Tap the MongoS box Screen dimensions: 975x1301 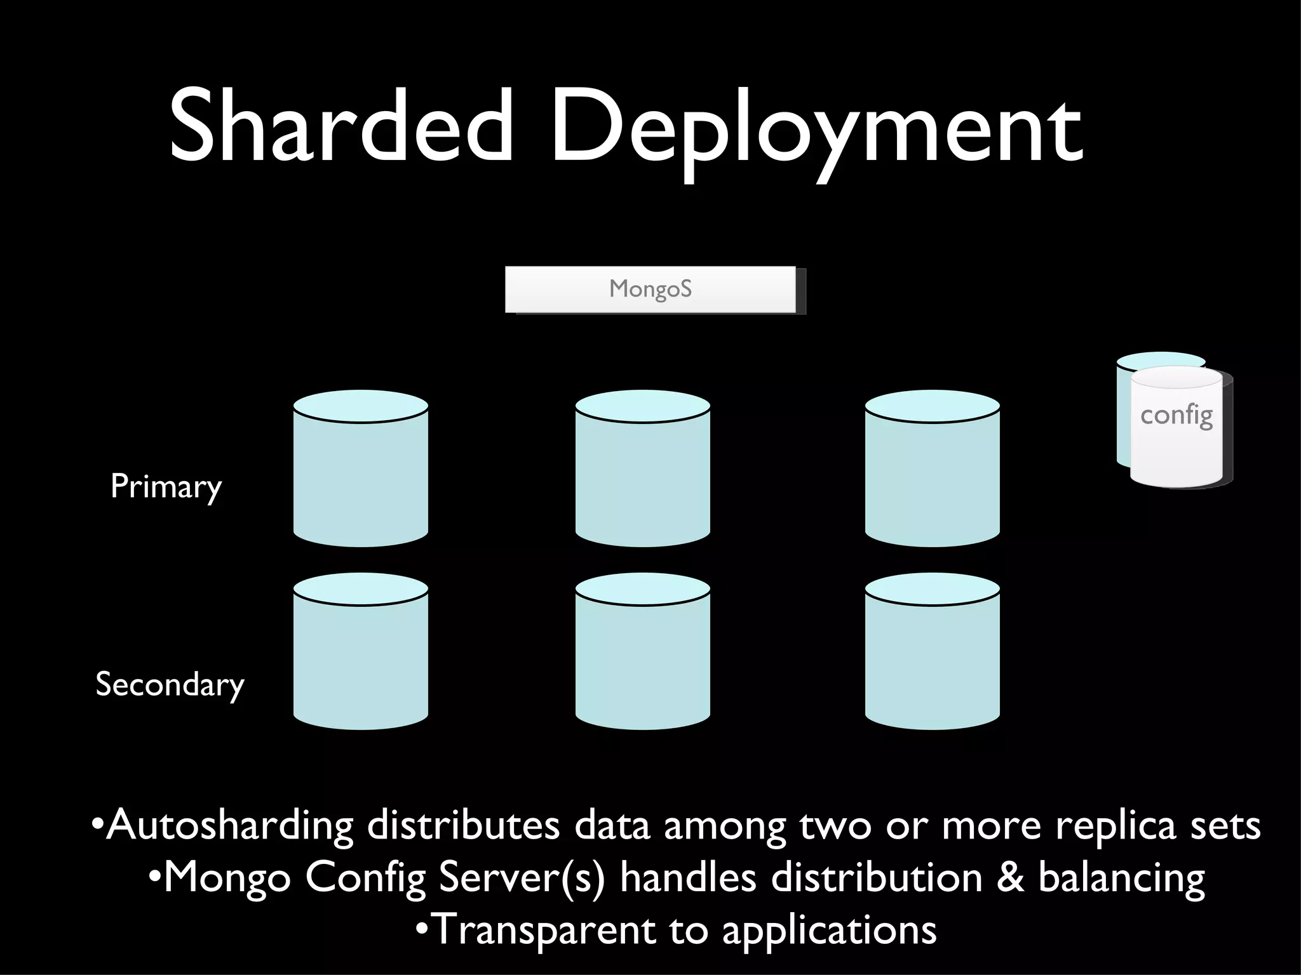[x=650, y=289]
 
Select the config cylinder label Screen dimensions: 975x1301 [x=1176, y=416]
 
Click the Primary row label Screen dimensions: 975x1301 [x=166, y=487]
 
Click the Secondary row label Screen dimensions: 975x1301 [x=170, y=685]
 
